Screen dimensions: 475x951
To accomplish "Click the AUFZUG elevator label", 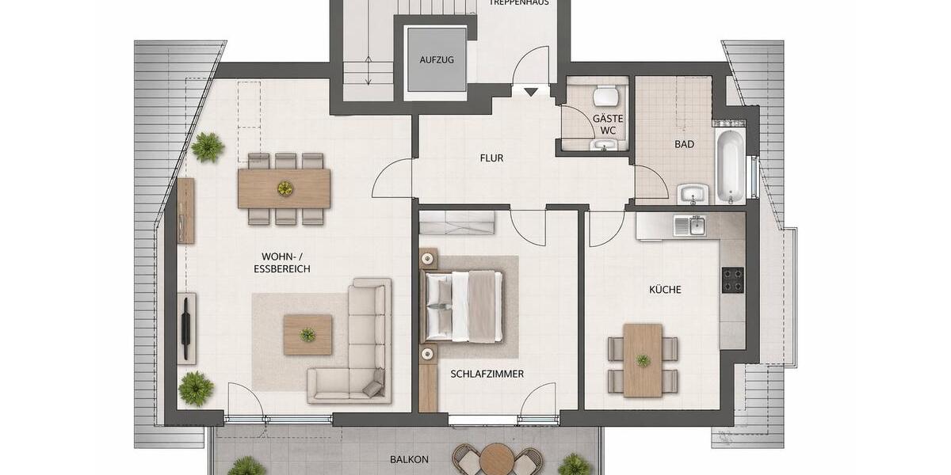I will coord(436,60).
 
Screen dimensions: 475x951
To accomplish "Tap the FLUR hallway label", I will coord(491,158).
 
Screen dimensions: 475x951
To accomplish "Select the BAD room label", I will coord(685,144).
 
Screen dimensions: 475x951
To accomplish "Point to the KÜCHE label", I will coord(665,290).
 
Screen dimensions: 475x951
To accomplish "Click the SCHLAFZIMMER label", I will coord(487,374).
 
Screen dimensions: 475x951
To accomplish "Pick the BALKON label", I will coord(409,459).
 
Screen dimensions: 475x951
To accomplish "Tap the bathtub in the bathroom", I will coord(730,167).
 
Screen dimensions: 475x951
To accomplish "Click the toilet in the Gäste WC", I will coord(608,96).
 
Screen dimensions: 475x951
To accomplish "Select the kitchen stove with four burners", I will coord(732,280).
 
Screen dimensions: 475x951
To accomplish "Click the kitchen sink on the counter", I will coord(689,226).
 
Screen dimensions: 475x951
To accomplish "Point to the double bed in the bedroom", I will coord(464,306).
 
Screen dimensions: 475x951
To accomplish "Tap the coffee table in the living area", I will coord(307,334).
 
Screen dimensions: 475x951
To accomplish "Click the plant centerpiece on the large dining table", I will coord(284,188).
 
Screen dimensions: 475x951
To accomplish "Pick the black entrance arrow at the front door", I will coord(530,93).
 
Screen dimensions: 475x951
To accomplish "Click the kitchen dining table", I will coord(643,359).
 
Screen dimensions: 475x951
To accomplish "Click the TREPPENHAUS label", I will coord(519,3).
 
